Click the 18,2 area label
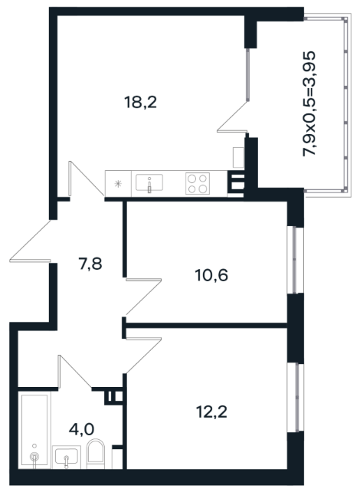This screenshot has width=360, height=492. coord(140,102)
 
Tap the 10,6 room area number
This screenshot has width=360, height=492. coord(211,275)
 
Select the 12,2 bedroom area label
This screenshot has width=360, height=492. coord(211,412)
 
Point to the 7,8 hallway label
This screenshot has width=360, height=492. coord(90,264)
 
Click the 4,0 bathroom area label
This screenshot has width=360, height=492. coord(81,429)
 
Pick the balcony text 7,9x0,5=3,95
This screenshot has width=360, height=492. coord(309,103)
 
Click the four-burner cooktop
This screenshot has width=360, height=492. coord(198,183)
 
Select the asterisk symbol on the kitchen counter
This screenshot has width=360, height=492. coord(118,184)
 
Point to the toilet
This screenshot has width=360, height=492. coord(95,454)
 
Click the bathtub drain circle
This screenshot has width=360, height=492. coord(34,457)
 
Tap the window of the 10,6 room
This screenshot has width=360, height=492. coord(296,260)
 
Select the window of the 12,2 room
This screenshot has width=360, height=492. coord(296,398)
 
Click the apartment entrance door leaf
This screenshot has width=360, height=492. coord(30,260)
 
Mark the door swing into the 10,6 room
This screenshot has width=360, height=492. coord(144,297)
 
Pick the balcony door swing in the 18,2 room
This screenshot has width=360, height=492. coord(233,116)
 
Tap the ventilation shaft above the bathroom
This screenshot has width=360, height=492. coord(114,396)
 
